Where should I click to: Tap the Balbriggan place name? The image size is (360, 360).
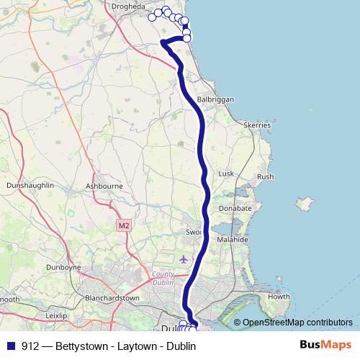coord(215,100)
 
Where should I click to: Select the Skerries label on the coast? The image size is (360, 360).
coord(257,125)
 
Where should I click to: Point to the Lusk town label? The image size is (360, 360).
coord(227,174)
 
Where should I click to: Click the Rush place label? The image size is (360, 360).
coord(265,176)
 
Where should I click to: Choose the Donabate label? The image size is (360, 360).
coord(235,208)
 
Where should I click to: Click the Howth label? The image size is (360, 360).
coord(278,297)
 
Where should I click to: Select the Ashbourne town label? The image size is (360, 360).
coord(104,186)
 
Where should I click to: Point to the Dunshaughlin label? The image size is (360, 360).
coord(30,185)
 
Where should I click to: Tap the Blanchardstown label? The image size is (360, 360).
coord(112,297)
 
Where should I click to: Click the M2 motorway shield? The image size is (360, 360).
coord(124,225)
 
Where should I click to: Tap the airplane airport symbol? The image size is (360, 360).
coord(184,258)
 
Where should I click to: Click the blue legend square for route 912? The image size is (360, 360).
coord(11,346)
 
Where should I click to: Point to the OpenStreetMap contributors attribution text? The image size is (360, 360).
coord(297,323)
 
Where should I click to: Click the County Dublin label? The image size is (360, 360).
coord(165,279)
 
